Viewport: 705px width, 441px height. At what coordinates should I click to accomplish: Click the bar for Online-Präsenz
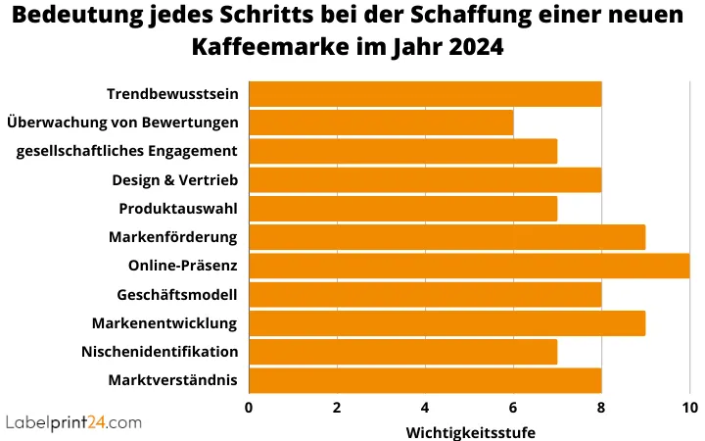coord(469,266)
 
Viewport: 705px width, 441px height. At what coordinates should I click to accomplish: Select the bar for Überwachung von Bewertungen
coord(381,122)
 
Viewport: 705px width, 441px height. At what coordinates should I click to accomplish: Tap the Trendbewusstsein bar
coord(425,94)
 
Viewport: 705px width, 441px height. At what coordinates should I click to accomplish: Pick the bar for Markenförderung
coord(446,237)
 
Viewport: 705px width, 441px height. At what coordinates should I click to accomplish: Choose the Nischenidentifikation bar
coord(402,352)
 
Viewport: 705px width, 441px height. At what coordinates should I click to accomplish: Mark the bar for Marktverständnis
coord(425,380)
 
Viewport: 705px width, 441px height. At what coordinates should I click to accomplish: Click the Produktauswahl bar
coord(402,209)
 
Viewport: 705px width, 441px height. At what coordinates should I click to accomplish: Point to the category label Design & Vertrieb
coord(174,180)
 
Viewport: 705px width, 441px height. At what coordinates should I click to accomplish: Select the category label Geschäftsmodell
coord(176,294)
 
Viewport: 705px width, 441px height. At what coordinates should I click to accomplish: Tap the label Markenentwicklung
coord(164,323)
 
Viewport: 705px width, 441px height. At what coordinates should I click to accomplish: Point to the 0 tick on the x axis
coord(249,408)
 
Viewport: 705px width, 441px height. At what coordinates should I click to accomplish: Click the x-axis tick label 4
coord(425,408)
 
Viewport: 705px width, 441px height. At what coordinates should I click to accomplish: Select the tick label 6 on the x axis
coord(513,408)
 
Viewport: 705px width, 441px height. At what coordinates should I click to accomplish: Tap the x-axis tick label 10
coord(689,408)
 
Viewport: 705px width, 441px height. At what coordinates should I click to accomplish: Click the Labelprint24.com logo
coord(73,422)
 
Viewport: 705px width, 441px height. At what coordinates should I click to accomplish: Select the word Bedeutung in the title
coord(73,16)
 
